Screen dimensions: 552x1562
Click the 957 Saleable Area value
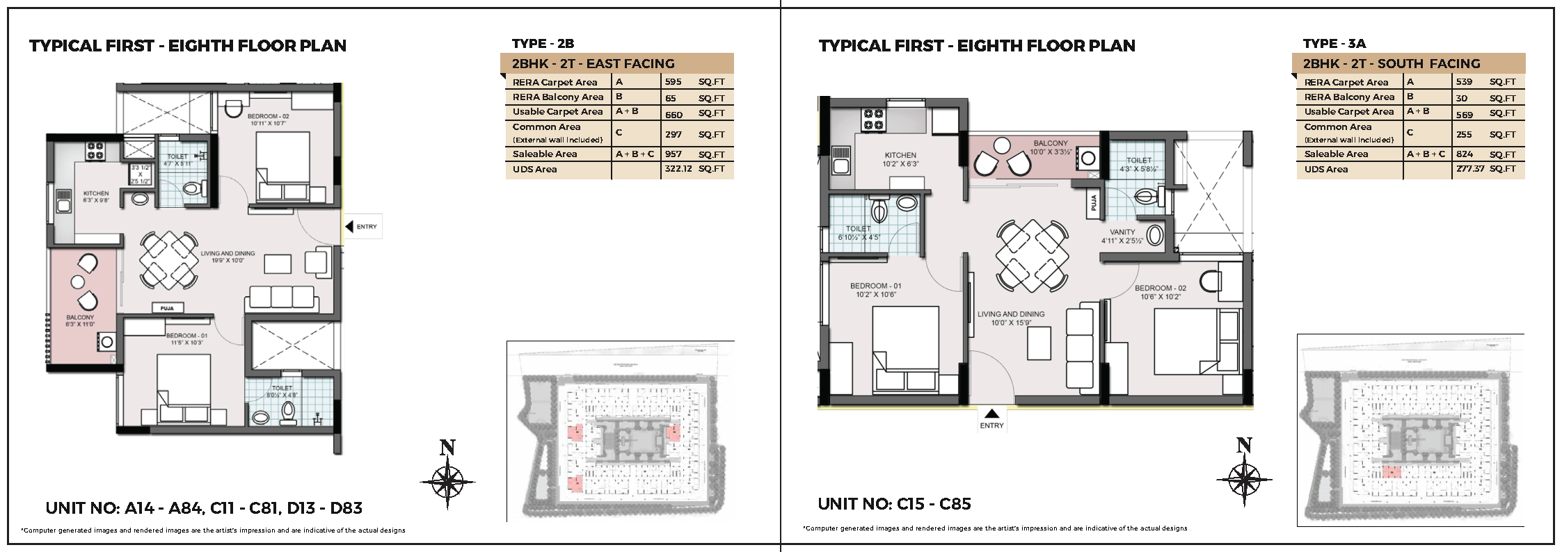[x=674, y=154]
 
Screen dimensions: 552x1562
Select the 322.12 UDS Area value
[x=678, y=169]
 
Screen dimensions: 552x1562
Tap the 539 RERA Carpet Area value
[x=1464, y=82]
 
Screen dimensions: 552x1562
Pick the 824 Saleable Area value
[x=1464, y=154]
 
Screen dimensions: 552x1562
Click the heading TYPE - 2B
[x=543, y=43]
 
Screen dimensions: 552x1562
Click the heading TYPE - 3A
[x=1334, y=43]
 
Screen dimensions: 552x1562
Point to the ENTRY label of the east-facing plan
[x=366, y=227]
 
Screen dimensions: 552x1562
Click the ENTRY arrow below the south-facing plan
[x=992, y=414]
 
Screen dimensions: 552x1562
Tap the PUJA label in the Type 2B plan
[x=167, y=308]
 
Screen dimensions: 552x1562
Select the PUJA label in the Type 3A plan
[x=1094, y=203]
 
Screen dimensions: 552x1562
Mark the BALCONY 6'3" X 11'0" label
[x=80, y=320]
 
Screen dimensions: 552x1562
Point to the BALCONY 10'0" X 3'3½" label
[x=1051, y=147]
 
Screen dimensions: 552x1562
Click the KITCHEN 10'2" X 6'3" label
[x=900, y=160]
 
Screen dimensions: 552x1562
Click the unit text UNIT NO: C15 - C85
[x=894, y=504]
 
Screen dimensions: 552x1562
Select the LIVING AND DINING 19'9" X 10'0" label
[x=228, y=257]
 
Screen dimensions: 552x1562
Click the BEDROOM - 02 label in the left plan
[x=268, y=120]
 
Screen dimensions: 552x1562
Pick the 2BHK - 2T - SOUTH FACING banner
[x=1392, y=64]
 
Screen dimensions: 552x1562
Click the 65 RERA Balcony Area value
[x=670, y=98]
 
